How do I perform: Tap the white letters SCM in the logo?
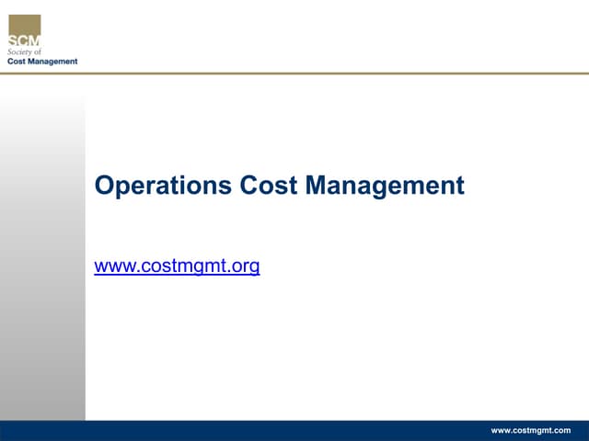pos(24,40)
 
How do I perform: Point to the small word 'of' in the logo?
pos(38,52)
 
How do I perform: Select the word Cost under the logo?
pos(17,62)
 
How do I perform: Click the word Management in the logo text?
pos(54,62)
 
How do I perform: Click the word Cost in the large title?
pos(269,186)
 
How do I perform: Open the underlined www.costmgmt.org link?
pos(177,267)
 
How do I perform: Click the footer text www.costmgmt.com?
pos(530,430)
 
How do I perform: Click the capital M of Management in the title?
pos(316,186)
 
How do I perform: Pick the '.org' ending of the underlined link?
pos(243,267)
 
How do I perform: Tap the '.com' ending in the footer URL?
pos(560,430)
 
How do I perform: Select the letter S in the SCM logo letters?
pos(14,40)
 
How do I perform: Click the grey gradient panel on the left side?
pos(42,257)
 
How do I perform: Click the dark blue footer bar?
pos(276,430)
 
